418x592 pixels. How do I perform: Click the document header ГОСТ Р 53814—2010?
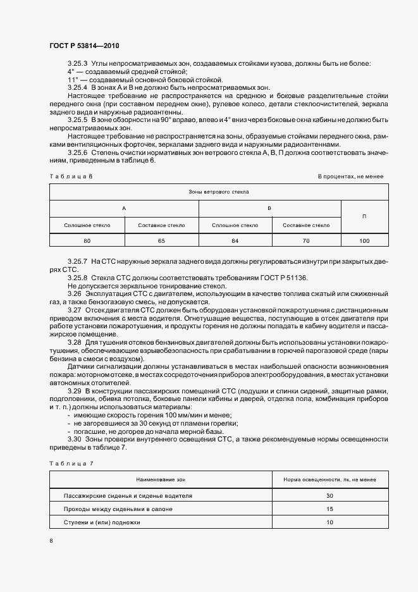83,46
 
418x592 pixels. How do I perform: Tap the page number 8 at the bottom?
51,540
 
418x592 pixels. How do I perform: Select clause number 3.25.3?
78,63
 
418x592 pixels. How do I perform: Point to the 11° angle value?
72,80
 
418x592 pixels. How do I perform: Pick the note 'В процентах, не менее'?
350,176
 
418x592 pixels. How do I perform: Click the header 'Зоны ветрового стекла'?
219,191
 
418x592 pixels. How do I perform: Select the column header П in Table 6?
364,216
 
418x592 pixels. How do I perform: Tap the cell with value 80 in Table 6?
87,241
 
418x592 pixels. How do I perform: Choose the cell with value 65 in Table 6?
161,241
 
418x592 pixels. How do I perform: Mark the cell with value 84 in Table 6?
235,241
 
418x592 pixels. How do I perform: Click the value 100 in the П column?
364,241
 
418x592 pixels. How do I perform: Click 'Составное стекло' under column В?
306,225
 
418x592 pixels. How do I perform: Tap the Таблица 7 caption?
71,464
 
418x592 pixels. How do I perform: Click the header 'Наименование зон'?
161,480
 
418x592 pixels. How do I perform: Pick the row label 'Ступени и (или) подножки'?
102,522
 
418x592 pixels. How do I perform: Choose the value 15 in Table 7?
330,509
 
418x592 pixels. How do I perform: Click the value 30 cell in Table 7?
330,495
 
